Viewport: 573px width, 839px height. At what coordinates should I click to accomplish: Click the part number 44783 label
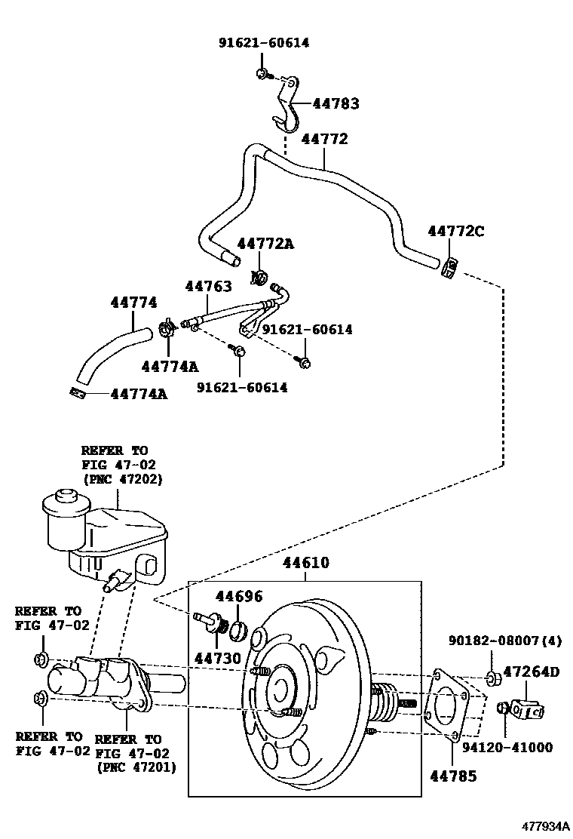[336, 104]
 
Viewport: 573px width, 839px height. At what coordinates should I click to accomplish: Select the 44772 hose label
[325, 139]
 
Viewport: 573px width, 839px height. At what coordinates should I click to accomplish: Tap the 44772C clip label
[456, 232]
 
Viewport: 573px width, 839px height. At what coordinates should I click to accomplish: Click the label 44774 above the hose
[133, 303]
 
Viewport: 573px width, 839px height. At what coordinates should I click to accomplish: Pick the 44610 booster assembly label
[306, 563]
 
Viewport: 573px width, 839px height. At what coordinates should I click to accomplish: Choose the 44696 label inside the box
[239, 597]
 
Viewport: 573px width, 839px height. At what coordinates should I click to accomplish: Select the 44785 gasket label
[454, 775]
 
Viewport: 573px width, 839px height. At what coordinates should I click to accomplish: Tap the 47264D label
[532, 672]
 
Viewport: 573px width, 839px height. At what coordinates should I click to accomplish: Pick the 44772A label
[265, 244]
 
